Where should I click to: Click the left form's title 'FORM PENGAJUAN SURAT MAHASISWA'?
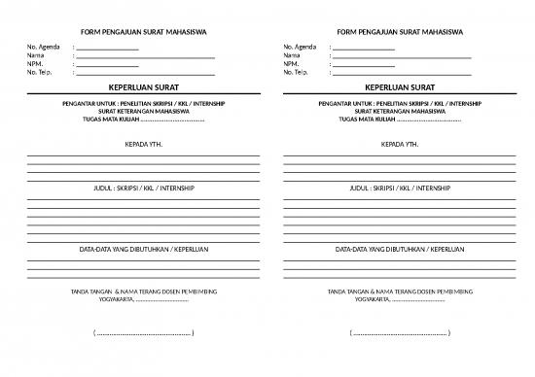(142, 32)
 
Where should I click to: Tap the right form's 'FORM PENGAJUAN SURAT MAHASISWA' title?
(399, 32)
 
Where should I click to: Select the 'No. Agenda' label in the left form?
(43, 47)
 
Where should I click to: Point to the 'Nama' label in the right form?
(292, 55)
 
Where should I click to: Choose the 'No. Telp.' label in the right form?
(297, 73)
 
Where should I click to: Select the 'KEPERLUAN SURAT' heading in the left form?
(142, 87)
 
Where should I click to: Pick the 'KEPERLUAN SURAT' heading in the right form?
(399, 87)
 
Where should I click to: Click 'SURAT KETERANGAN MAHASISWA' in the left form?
(142, 112)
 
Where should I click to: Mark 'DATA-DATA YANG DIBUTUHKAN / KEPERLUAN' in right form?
(399, 250)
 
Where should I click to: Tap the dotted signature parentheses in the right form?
(399, 333)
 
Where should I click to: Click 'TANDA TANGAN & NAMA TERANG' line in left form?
(142, 291)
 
